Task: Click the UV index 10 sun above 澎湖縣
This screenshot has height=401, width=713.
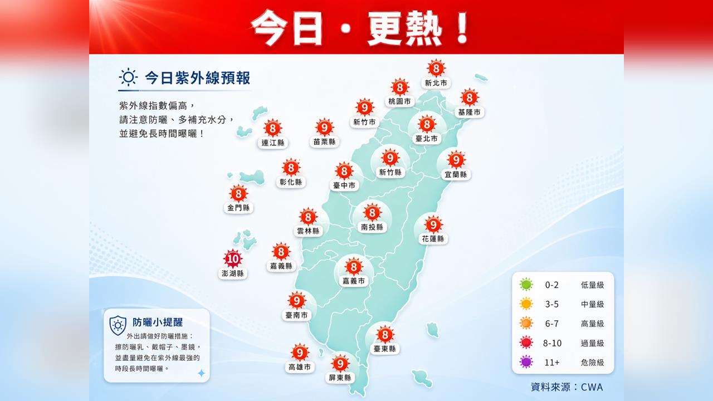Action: tap(232, 259)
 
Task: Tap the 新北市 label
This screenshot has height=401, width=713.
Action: tap(436, 83)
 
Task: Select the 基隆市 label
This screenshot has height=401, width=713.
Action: tap(470, 112)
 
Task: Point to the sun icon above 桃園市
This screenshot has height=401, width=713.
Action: tap(400, 87)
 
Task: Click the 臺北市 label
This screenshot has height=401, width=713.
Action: tap(426, 138)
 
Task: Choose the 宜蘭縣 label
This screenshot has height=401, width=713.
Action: tap(456, 174)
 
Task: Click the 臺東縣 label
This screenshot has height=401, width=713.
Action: tap(384, 349)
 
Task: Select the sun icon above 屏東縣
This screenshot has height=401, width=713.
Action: tap(340, 364)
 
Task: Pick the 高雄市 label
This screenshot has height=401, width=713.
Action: tap(300, 367)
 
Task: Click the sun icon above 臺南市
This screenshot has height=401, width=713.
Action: tap(297, 301)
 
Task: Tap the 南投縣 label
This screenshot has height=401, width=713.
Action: tap(372, 227)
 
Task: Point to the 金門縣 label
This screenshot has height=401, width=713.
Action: tap(238, 208)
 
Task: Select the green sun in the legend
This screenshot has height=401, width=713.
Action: tap(526, 285)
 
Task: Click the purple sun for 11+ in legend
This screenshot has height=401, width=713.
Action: tap(526, 362)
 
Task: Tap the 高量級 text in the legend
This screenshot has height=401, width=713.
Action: tap(592, 324)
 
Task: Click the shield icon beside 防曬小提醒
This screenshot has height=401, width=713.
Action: tap(118, 325)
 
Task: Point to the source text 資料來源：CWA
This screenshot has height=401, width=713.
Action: tap(567, 387)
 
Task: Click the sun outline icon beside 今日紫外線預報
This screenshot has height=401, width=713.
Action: tap(128, 77)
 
